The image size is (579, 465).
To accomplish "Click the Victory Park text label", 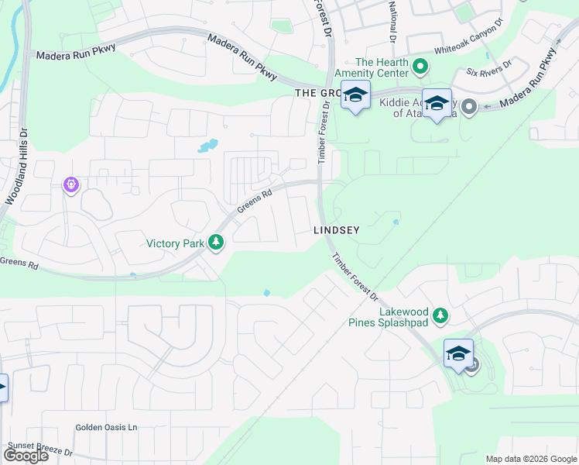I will (176, 243).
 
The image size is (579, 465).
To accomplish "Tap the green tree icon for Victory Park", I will (217, 244).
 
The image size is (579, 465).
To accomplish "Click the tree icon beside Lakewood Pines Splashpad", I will (440, 315).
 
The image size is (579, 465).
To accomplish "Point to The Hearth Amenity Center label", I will (381, 67).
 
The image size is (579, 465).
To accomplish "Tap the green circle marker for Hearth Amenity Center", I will (420, 67).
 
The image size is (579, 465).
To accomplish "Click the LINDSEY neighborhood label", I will (338, 230).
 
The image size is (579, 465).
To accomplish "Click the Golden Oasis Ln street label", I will (106, 427).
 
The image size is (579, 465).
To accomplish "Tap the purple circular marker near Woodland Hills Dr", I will (70, 184).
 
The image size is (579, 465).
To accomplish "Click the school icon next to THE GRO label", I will (355, 95).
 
